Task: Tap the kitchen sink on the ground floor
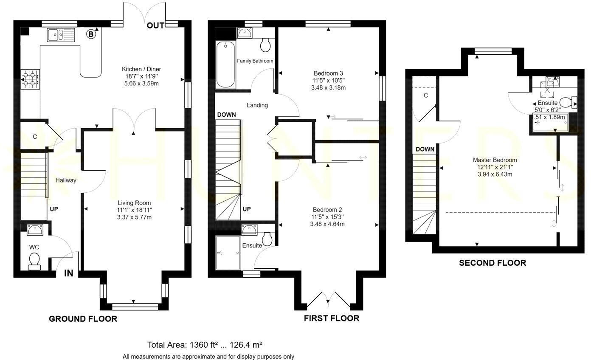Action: pyautogui.click(x=61, y=35)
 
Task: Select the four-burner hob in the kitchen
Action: pyautogui.click(x=31, y=79)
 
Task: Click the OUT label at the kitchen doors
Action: pyautogui.click(x=155, y=26)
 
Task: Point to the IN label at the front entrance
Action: pyautogui.click(x=69, y=273)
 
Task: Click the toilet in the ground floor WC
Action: pyautogui.click(x=34, y=261)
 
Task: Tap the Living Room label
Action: pyautogui.click(x=134, y=203)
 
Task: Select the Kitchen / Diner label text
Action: pyautogui.click(x=141, y=69)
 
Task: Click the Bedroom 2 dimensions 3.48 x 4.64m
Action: pyautogui.click(x=327, y=224)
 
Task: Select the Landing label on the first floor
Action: pyautogui.click(x=257, y=105)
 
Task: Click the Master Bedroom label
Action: pyautogui.click(x=495, y=160)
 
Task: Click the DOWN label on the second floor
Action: pyautogui.click(x=425, y=149)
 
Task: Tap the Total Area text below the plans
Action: pyautogui.click(x=207, y=344)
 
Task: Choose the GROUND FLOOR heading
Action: pyautogui.click(x=83, y=319)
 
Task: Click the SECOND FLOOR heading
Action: pyautogui.click(x=492, y=263)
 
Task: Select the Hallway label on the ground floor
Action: pyautogui.click(x=66, y=180)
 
